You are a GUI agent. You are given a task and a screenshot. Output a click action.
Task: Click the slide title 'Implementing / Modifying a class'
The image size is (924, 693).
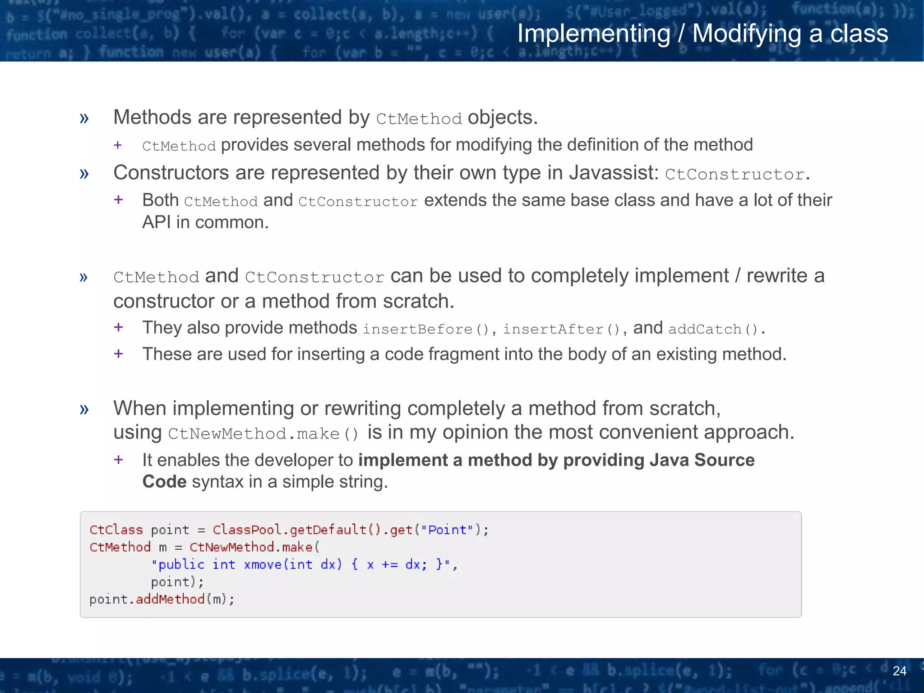point(702,34)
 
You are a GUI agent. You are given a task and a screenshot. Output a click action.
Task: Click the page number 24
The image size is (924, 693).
point(899,671)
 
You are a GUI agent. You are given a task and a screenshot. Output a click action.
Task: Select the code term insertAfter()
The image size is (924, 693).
point(562,329)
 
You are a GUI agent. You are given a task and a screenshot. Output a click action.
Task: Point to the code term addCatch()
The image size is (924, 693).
point(713,329)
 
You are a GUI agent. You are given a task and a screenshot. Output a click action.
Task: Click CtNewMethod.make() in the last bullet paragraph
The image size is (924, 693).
point(263,434)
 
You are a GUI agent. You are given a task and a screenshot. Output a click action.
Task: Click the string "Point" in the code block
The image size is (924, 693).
point(447,530)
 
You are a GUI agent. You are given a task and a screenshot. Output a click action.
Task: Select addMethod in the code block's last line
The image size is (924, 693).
point(170,599)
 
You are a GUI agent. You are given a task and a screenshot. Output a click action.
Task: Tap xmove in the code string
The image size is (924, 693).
point(263,564)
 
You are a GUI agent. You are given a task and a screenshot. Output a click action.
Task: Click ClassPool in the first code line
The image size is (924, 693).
point(247,530)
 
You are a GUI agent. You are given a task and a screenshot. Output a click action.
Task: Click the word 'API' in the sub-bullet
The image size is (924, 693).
point(156,222)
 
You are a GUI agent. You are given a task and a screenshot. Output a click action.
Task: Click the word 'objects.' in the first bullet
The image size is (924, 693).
point(503,118)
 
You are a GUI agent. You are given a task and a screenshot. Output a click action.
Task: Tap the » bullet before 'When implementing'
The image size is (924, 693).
point(84,409)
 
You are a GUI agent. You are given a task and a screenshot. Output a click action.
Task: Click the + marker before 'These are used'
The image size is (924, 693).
point(119,353)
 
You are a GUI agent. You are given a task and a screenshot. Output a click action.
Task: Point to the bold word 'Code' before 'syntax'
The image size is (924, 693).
point(164,482)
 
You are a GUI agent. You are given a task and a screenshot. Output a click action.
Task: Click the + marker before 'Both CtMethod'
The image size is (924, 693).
point(119,199)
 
